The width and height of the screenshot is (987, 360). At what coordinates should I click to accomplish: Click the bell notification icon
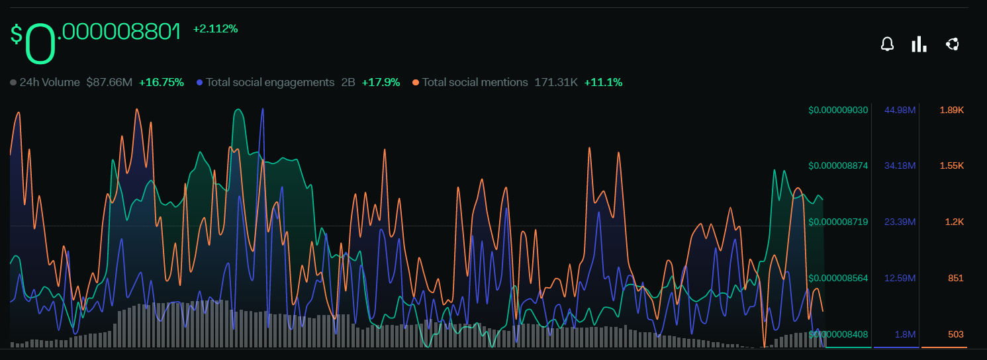click(x=886, y=44)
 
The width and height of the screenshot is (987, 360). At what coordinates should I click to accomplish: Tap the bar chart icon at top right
click(x=919, y=44)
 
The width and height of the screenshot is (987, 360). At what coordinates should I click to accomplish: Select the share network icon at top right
click(x=953, y=44)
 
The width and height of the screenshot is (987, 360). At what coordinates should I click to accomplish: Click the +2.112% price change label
click(x=215, y=28)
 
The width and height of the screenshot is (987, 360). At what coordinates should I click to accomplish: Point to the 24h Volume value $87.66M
click(x=109, y=82)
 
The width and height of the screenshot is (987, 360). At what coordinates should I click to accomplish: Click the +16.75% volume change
click(x=161, y=82)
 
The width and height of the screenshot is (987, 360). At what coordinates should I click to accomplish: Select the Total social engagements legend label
click(x=270, y=82)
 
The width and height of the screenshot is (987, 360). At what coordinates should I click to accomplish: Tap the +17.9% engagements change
click(x=381, y=82)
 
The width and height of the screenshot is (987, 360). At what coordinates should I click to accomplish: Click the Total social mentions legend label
click(x=475, y=82)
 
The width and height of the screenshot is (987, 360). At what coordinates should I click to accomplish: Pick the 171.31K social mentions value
click(x=556, y=82)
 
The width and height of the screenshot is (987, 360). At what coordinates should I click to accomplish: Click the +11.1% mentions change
click(x=603, y=82)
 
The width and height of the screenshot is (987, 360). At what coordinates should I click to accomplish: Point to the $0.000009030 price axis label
click(x=838, y=110)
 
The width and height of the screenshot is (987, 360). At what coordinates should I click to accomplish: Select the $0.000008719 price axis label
click(x=838, y=222)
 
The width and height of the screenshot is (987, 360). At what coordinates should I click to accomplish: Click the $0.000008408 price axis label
click(x=838, y=334)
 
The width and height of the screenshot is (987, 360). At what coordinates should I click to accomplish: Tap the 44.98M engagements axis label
click(x=900, y=110)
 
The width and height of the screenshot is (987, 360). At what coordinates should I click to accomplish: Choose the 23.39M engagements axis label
click(x=900, y=222)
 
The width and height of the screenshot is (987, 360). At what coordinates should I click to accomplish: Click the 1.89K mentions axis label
click(x=951, y=110)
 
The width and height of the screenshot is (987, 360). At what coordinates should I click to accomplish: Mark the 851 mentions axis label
click(x=955, y=278)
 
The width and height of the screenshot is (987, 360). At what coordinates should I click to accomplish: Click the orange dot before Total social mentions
click(x=415, y=83)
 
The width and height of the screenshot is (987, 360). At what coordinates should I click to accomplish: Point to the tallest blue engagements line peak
click(x=263, y=109)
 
